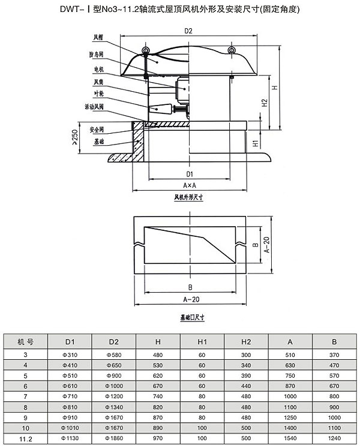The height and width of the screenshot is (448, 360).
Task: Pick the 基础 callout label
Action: tap(98, 143)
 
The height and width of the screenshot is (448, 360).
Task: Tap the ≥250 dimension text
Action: tap(73, 138)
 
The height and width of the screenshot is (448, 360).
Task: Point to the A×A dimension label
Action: tap(190, 185)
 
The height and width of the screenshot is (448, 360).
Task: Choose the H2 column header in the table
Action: tap(246, 342)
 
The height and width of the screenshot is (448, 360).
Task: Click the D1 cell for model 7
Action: tap(69, 397)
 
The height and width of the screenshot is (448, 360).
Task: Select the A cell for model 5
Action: tap(290, 375)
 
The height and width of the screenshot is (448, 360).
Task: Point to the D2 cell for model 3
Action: tap(113, 354)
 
